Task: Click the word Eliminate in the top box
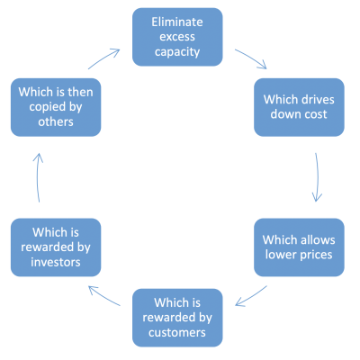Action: point(177,22)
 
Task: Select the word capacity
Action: point(177,52)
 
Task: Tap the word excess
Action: point(177,37)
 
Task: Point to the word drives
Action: point(316,99)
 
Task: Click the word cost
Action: point(316,114)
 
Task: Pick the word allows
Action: point(317,239)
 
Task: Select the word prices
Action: point(315,256)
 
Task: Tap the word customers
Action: point(177,333)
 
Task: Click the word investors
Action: point(56,262)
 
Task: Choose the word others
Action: point(56,122)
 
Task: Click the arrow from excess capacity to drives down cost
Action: point(252,58)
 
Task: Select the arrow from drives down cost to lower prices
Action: point(318,177)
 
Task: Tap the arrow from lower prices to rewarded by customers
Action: point(251,296)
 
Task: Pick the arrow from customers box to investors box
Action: point(103,295)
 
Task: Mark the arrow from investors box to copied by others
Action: point(38,177)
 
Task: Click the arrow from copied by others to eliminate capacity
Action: point(103,58)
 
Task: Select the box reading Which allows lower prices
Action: point(299,247)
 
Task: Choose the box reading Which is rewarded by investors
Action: point(56,247)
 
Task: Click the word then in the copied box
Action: point(81,92)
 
